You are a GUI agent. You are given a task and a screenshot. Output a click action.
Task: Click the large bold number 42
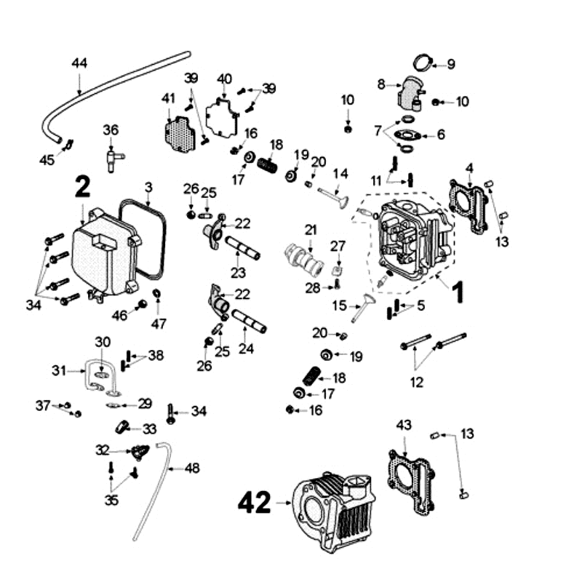click(255, 502)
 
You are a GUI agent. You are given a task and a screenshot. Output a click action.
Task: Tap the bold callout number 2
click(83, 188)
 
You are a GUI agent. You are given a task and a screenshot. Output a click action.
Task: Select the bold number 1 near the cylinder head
click(457, 293)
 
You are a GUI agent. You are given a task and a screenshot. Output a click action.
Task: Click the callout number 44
click(79, 63)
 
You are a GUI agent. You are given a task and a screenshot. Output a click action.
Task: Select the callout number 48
click(191, 469)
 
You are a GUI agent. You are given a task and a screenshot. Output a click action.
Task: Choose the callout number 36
click(110, 130)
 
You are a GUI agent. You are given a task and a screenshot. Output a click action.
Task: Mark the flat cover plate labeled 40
click(223, 115)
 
